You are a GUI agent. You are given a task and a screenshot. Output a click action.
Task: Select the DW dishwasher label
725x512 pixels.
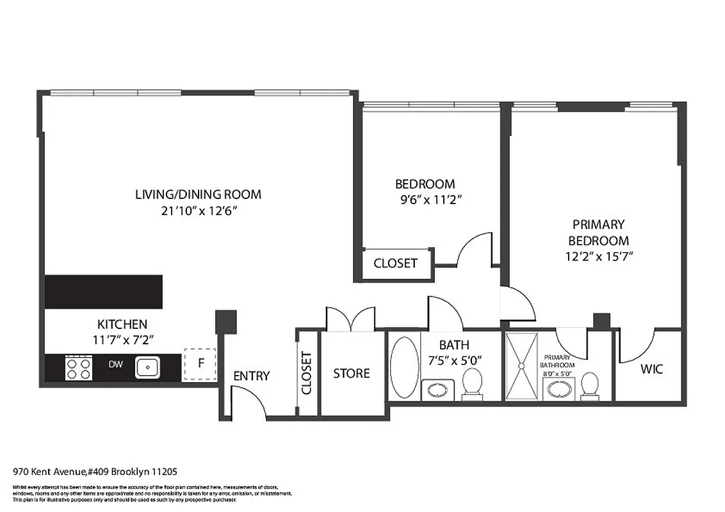[x=116, y=365]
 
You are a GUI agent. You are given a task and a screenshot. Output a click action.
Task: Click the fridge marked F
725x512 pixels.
[x=200, y=363]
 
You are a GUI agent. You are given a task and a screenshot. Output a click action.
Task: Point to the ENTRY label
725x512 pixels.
[x=251, y=376]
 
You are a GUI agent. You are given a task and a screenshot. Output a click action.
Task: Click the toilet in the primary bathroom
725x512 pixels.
[x=590, y=387]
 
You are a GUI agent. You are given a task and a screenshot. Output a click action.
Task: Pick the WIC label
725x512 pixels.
[x=652, y=369]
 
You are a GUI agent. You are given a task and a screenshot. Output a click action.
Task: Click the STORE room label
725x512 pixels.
[x=351, y=373]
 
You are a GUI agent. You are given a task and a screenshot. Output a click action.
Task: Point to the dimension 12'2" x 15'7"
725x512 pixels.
[x=598, y=257]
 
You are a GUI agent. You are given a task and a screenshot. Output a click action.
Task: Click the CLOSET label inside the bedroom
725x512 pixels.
[x=395, y=263]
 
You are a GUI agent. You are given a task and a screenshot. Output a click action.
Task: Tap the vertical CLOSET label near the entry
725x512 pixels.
[x=306, y=373]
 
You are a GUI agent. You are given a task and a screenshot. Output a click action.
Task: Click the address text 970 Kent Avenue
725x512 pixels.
[x=50, y=472]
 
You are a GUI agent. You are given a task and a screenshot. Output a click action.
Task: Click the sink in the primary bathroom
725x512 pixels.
[x=558, y=387]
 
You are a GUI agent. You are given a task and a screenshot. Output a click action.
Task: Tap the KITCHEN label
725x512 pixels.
[x=122, y=324]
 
